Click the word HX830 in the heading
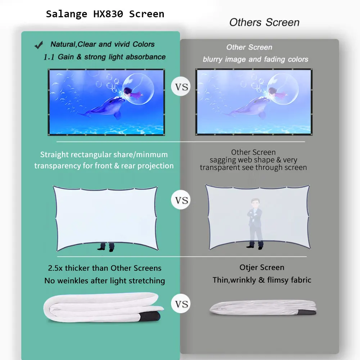click(107, 14)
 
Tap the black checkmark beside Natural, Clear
click(39, 45)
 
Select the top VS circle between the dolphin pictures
click(181, 87)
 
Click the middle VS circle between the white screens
click(181, 200)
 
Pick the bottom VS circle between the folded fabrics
click(181, 304)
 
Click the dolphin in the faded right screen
click(248, 107)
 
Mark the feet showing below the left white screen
click(107, 247)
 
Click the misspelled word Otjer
click(249, 267)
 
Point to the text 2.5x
click(56, 268)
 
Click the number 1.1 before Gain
click(49, 57)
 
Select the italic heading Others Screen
click(264, 22)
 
